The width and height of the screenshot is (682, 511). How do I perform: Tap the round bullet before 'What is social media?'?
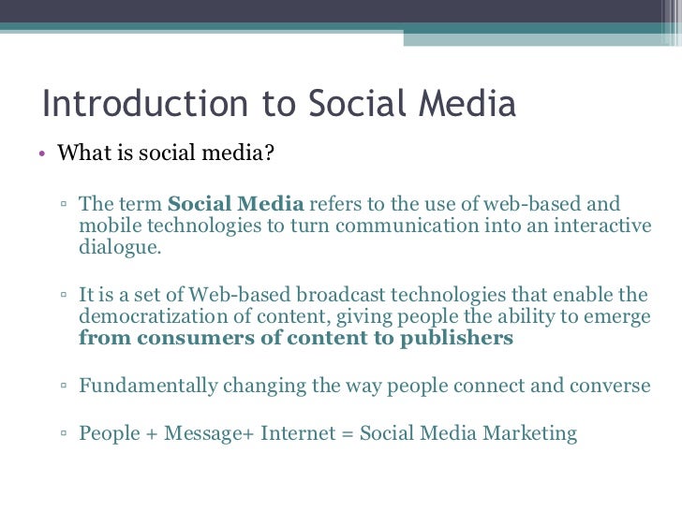click(x=43, y=153)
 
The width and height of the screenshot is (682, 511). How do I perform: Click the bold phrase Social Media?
click(x=235, y=204)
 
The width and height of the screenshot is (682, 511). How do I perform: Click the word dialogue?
click(x=119, y=247)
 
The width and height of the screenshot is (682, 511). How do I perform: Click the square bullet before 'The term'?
click(x=63, y=205)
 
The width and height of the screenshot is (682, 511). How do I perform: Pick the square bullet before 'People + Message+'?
click(x=63, y=434)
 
